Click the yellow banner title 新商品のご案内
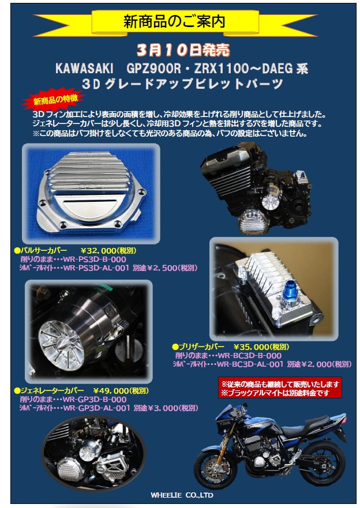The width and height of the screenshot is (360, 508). coord(174,22)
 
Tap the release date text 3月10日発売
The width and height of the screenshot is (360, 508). coord(183,50)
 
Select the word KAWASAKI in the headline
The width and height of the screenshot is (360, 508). coord(84,69)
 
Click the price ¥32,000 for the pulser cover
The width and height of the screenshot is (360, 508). coord(98,250)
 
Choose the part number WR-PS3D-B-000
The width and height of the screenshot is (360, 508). coord(95,259)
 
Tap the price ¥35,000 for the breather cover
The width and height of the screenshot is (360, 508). coord(252,347)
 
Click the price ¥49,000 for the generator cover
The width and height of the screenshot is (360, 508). coord(111,391)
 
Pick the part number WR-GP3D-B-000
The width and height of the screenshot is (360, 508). coord(95,400)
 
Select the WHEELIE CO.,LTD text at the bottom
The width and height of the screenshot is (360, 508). coord(182,495)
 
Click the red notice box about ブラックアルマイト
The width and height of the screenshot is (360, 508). coord(280,388)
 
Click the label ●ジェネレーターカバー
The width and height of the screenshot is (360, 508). coord(49,391)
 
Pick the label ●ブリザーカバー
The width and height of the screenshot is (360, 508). coord(198,347)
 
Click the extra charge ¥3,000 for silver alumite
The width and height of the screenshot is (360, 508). coord(164,408)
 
